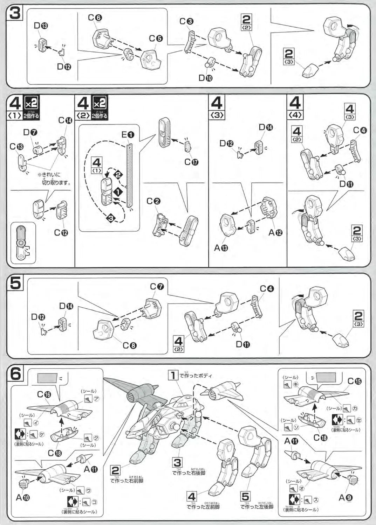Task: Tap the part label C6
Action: [x=95, y=17]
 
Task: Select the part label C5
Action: [x=156, y=38]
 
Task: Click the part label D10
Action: [x=205, y=78]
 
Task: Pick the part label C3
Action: [x=186, y=21]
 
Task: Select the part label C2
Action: [x=153, y=201]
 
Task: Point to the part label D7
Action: [x=30, y=132]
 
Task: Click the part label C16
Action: [x=44, y=395]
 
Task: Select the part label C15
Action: [x=354, y=381]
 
